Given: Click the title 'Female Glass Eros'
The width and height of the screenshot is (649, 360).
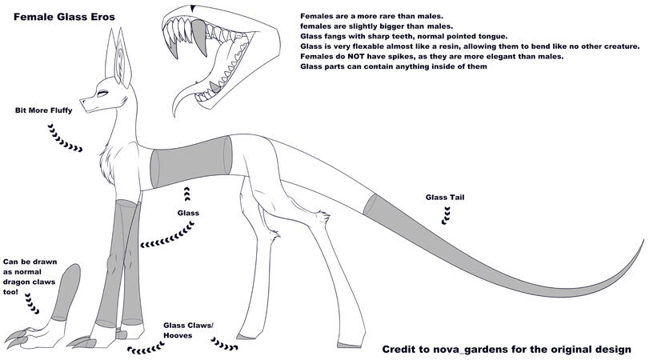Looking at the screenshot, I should pyautogui.click(x=63, y=16).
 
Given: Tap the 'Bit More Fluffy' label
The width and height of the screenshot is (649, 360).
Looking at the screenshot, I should pyautogui.click(x=43, y=110).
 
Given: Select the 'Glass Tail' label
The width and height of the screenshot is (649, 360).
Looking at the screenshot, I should pyautogui.click(x=445, y=197).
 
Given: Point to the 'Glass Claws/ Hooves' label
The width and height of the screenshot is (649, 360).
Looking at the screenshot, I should pyautogui.click(x=188, y=330).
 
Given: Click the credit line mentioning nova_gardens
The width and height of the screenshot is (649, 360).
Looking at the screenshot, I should pyautogui.click(x=512, y=350).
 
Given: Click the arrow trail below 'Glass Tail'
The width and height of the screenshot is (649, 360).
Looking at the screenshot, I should pyautogui.click(x=447, y=213).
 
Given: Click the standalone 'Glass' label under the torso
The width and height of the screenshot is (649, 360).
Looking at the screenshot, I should pyautogui.click(x=188, y=213).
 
